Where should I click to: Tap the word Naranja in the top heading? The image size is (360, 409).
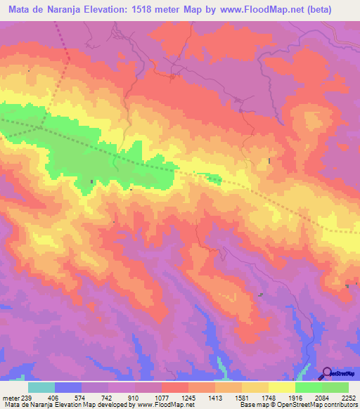73,11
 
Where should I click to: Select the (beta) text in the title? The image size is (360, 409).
334,11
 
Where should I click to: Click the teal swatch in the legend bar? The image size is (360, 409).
41,388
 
